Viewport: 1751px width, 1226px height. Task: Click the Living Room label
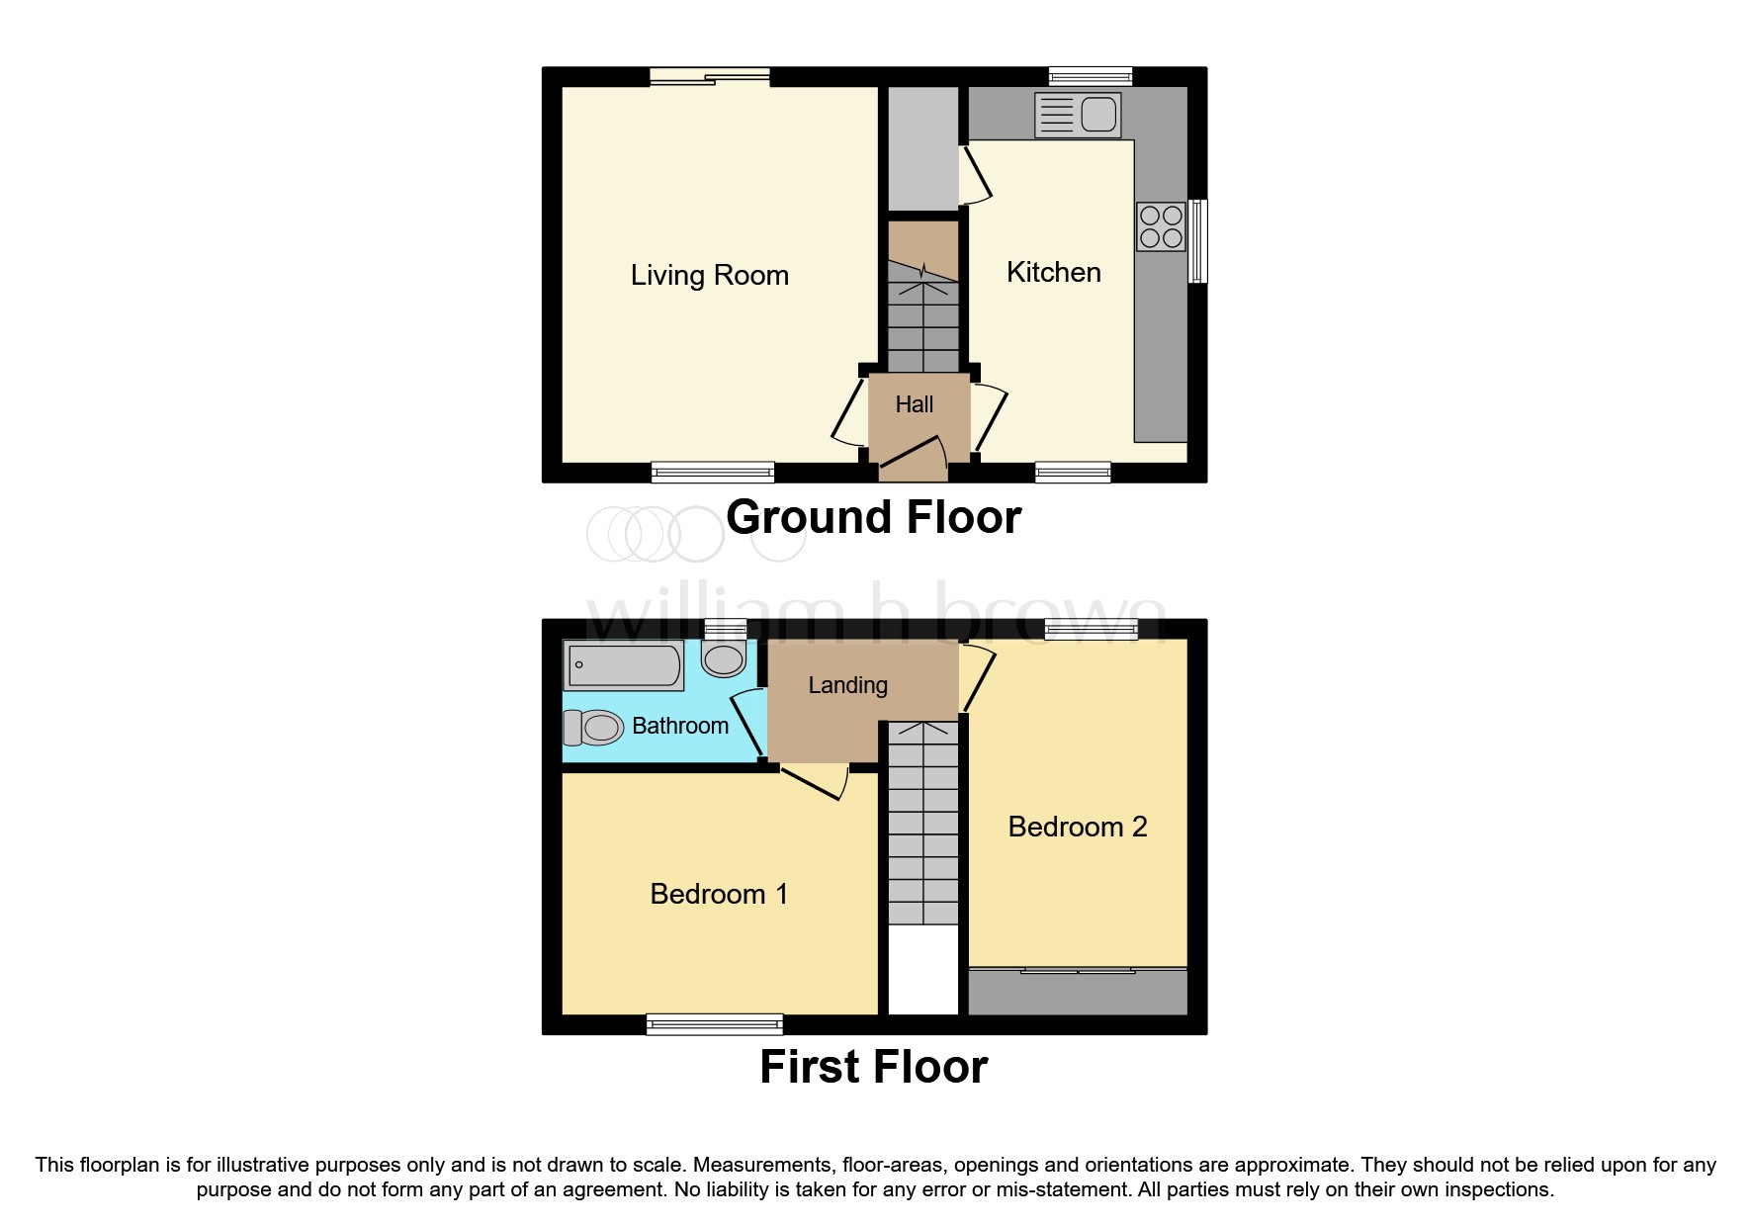tap(709, 275)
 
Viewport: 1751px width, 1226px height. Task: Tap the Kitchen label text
tap(1053, 272)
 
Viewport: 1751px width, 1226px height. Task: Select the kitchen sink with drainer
tap(1077, 115)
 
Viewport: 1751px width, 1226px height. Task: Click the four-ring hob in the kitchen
tap(1161, 226)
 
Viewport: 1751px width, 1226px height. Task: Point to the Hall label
tap(914, 404)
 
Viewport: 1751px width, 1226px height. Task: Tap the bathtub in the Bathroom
tap(623, 664)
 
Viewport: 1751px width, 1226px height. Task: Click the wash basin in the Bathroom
tap(724, 657)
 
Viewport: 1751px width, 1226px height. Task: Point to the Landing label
tap(847, 685)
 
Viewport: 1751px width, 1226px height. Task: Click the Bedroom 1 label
tap(718, 894)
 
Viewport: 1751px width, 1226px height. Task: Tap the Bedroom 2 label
tap(1077, 827)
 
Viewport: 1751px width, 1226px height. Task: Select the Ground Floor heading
tap(873, 517)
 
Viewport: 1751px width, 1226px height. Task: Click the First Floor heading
tap(873, 1067)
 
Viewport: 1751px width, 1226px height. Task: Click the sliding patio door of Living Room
tap(710, 77)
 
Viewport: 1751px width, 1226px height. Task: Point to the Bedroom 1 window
tap(714, 1024)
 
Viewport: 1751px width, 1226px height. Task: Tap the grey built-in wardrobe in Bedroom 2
tap(1077, 993)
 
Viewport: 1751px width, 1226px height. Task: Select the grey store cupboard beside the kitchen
tap(922, 148)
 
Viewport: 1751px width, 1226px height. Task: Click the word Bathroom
tap(679, 726)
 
